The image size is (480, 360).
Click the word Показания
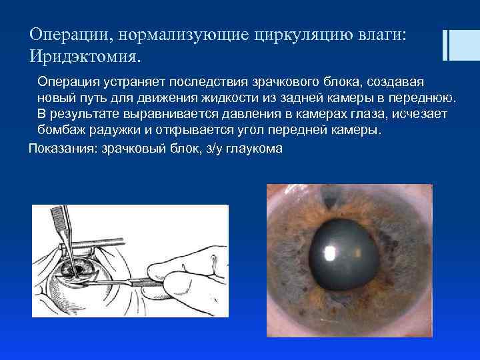(x=62, y=147)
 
